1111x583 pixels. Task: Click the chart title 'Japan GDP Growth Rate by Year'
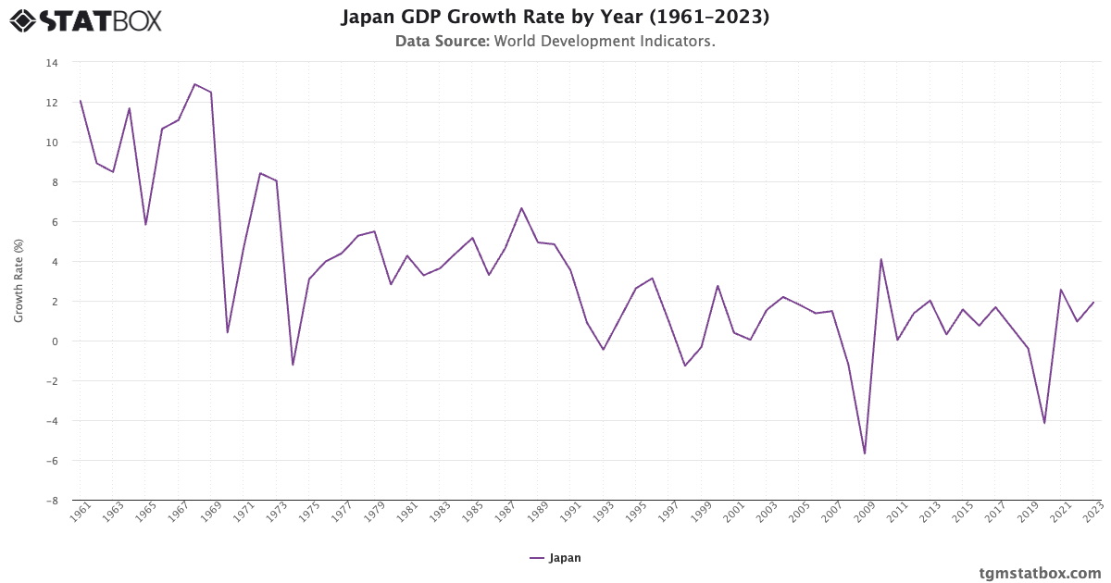click(x=555, y=18)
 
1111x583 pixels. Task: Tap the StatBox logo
click(x=85, y=20)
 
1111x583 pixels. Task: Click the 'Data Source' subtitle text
click(x=555, y=42)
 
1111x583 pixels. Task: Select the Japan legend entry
click(x=555, y=558)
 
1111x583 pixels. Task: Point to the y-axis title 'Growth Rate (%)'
click(x=19, y=280)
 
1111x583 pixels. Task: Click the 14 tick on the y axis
click(x=51, y=63)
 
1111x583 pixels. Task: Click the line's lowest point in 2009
click(x=865, y=453)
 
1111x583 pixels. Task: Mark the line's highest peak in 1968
click(x=194, y=84)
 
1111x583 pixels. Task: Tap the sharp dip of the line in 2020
click(x=1044, y=423)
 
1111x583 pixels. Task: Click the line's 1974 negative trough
click(x=293, y=365)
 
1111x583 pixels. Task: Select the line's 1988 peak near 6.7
click(x=521, y=208)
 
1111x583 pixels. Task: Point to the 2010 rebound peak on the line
click(x=880, y=259)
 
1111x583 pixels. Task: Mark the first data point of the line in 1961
click(x=81, y=101)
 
